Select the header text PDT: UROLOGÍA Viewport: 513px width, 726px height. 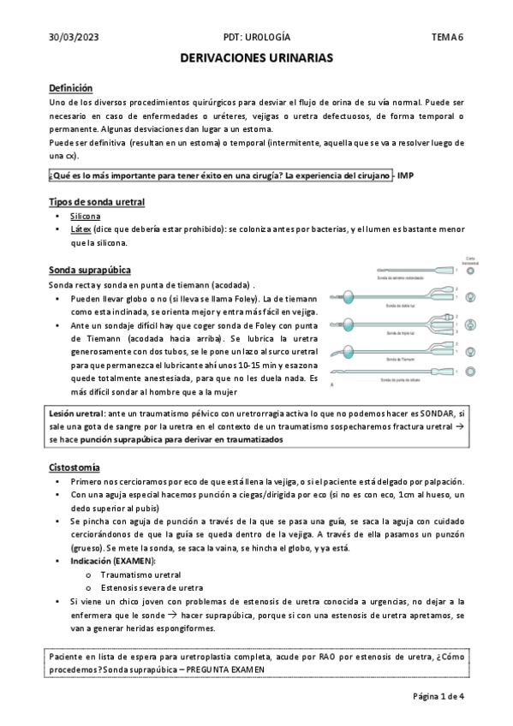[x=256, y=38]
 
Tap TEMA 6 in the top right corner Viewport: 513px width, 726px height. [x=447, y=38]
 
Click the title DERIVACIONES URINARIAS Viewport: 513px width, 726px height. [x=256, y=58]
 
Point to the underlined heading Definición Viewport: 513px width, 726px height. [x=70, y=88]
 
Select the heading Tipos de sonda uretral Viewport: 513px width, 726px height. [x=96, y=202]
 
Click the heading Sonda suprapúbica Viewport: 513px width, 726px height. [x=90, y=270]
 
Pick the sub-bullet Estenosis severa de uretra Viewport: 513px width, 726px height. [x=151, y=588]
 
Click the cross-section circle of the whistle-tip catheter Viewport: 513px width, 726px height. [x=470, y=370]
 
